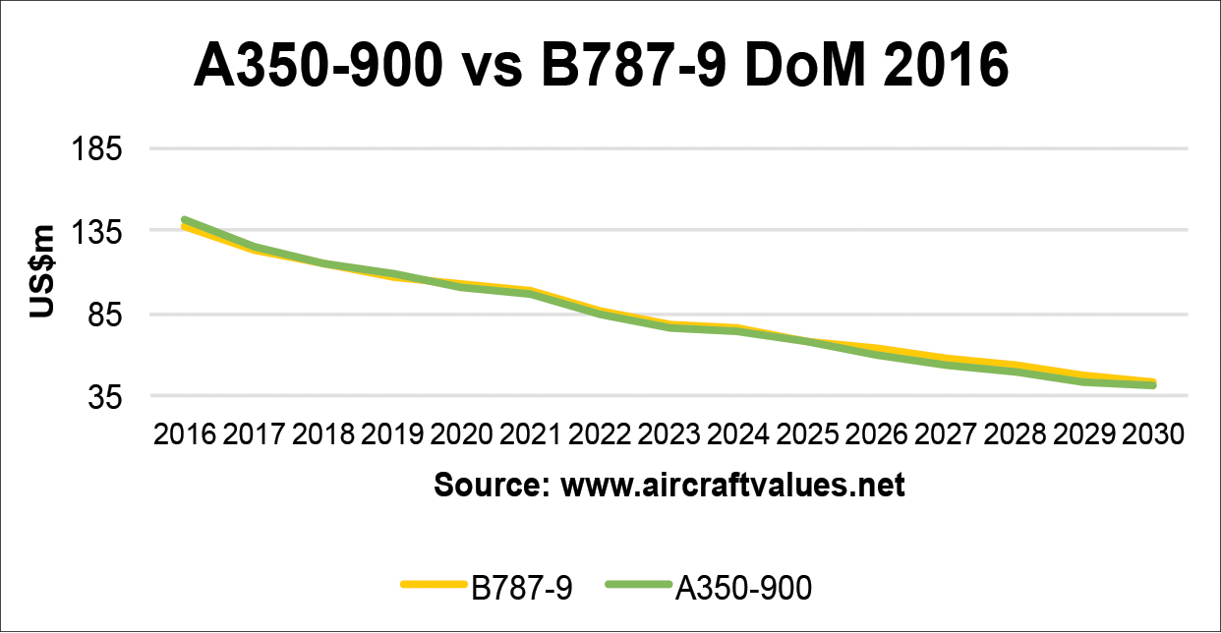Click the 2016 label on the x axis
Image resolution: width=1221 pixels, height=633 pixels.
pyautogui.click(x=184, y=435)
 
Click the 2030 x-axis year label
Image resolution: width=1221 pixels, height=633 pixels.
pyautogui.click(x=1152, y=435)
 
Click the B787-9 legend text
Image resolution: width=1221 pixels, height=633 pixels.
pyautogui.click(x=522, y=588)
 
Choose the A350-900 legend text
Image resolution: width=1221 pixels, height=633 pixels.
pyautogui.click(x=744, y=588)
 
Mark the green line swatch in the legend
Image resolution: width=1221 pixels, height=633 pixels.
pyautogui.click(x=639, y=586)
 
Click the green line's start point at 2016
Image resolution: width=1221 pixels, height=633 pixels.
pyautogui.click(x=184, y=220)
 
